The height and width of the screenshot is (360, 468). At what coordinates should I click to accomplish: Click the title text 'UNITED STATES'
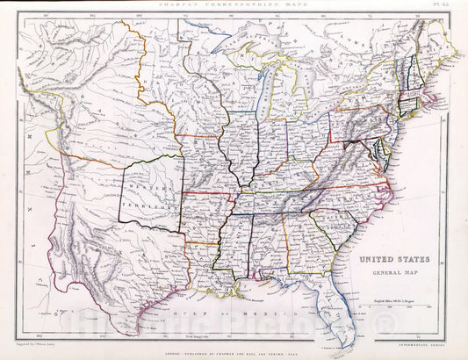pyautogui.click(x=392, y=260)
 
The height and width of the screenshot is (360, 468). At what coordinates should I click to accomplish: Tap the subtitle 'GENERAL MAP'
pyautogui.click(x=392, y=273)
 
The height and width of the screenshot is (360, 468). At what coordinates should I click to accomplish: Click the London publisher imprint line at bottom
pyautogui.click(x=232, y=350)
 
